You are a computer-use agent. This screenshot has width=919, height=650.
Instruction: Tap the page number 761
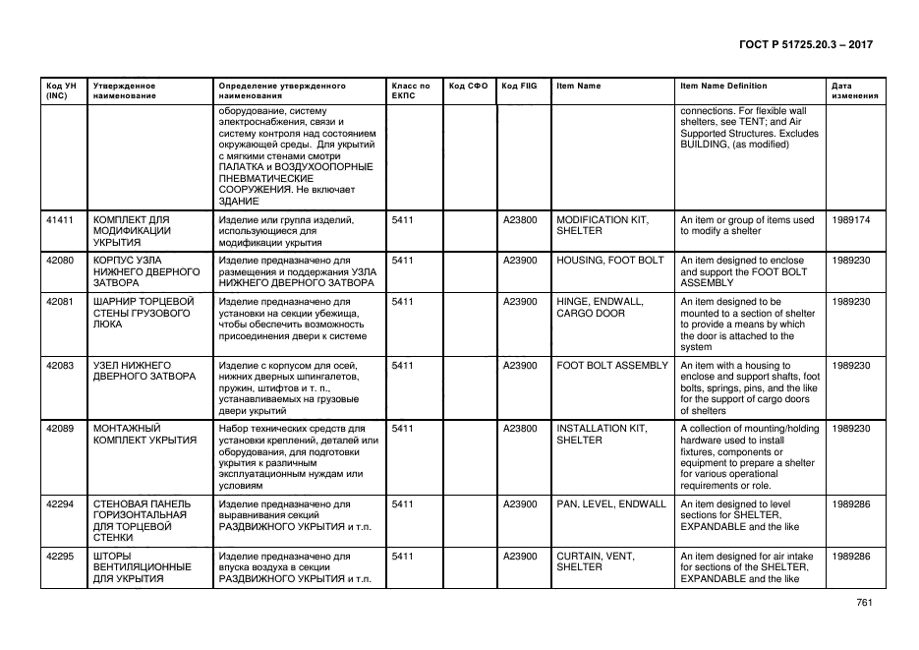[864, 603]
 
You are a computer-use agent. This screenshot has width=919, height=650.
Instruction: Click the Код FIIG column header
[518, 86]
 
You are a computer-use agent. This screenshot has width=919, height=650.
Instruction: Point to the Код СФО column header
[468, 86]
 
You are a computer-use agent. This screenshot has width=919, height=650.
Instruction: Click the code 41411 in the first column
[60, 220]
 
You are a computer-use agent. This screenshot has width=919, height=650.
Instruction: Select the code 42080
[60, 261]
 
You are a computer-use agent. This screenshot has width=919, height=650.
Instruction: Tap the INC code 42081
[60, 301]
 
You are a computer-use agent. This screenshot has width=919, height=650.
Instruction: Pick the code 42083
[60, 365]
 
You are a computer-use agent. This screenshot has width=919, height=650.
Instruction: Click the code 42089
[60, 429]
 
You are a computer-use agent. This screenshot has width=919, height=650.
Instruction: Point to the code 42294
[60, 504]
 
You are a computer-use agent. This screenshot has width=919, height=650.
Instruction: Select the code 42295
[60, 557]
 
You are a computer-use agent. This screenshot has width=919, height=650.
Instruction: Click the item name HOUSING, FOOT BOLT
[609, 261]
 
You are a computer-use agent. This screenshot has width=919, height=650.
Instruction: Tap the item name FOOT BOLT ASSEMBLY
[611, 365]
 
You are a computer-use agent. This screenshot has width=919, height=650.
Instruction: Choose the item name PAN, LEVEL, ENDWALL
[610, 504]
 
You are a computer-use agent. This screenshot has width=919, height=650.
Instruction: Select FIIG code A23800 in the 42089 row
[520, 429]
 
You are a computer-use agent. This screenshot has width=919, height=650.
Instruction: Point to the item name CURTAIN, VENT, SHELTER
[596, 561]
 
